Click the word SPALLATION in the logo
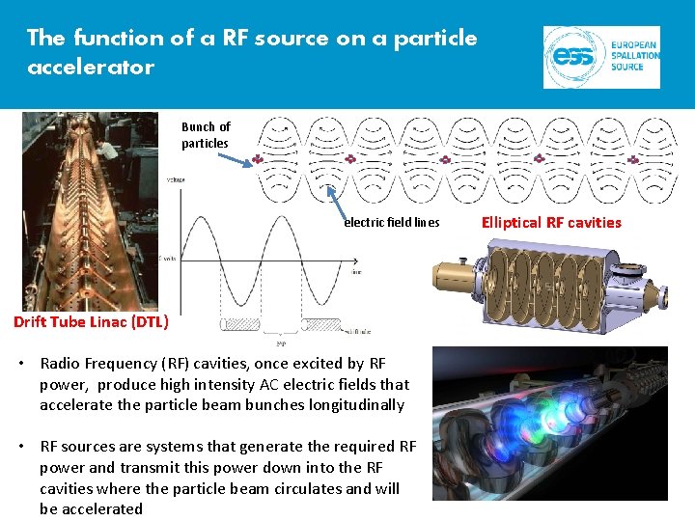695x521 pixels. [634, 56]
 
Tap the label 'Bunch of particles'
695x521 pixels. [206, 135]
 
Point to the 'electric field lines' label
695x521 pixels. [392, 223]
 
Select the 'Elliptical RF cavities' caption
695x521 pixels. [550, 222]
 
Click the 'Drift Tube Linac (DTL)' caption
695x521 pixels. [91, 321]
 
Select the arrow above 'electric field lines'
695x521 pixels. [338, 200]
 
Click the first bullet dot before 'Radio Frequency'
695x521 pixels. [27, 364]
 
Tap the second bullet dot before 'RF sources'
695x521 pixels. [27, 447]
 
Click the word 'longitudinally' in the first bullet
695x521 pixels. [357, 405]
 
